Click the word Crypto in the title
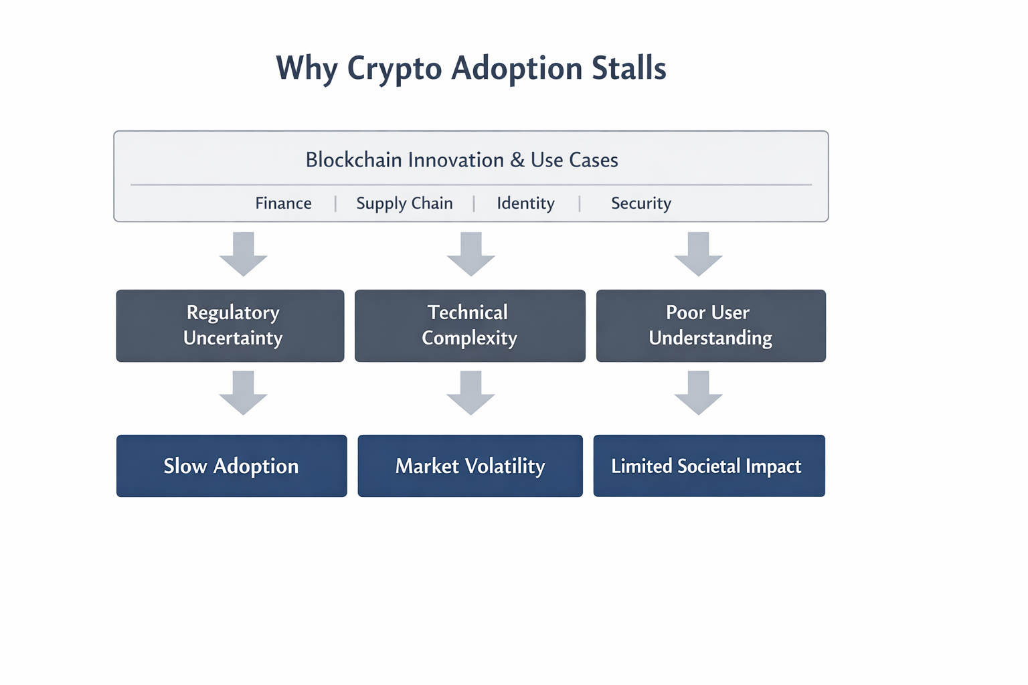pyautogui.click(x=394, y=69)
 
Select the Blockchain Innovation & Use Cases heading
pyautogui.click(x=462, y=160)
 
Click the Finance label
pyautogui.click(x=283, y=203)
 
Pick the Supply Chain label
pyautogui.click(x=404, y=203)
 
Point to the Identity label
pyautogui.click(x=525, y=203)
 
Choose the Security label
pyautogui.click(x=640, y=203)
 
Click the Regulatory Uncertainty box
pyautogui.click(x=230, y=326)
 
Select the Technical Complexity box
pyautogui.click(x=470, y=326)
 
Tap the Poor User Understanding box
pyautogui.click(x=711, y=326)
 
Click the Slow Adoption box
pyautogui.click(x=232, y=466)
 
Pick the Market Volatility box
pyautogui.click(x=470, y=466)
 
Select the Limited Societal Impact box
pyautogui.click(x=709, y=466)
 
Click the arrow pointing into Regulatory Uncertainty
pyautogui.click(x=244, y=254)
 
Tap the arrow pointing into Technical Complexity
pyautogui.click(x=471, y=254)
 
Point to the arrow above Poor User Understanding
pyautogui.click(x=698, y=254)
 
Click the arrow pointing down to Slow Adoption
pyautogui.click(x=244, y=393)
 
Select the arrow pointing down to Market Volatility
pyautogui.click(x=471, y=393)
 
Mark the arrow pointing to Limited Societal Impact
pyautogui.click(x=698, y=393)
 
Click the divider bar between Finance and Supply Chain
pyautogui.click(x=335, y=203)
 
